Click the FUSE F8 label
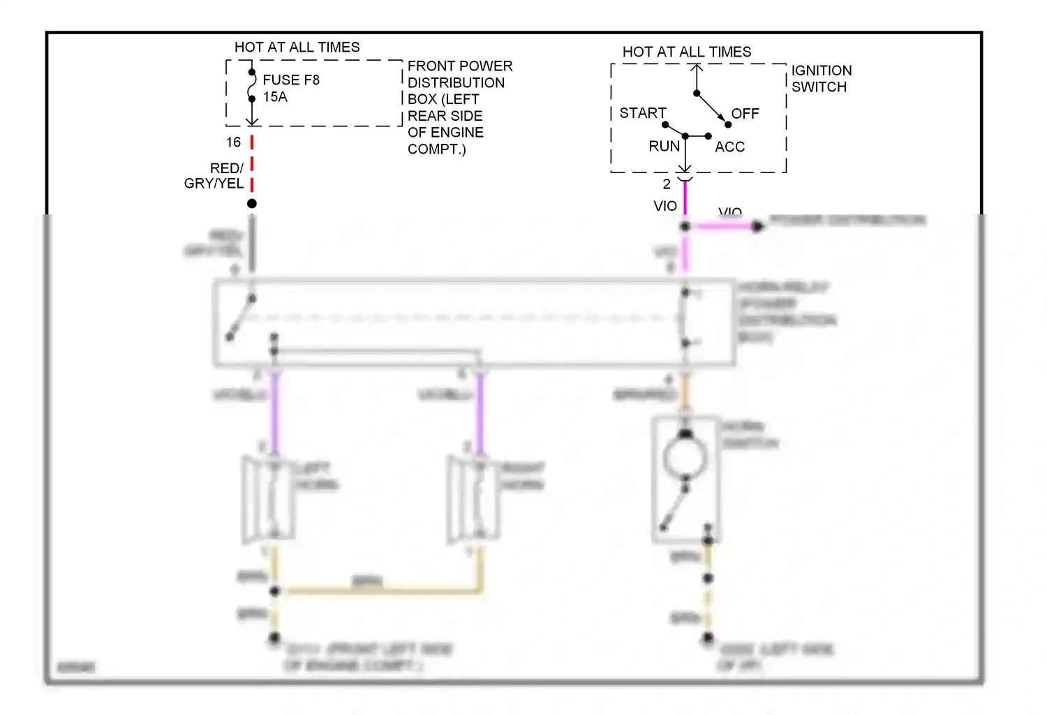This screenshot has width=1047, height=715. click(291, 80)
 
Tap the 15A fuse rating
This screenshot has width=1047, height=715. click(275, 97)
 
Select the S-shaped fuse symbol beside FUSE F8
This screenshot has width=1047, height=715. click(252, 85)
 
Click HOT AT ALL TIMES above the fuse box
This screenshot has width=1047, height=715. click(297, 47)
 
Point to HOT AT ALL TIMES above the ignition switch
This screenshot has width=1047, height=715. click(687, 52)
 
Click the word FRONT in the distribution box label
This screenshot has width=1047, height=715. click(429, 66)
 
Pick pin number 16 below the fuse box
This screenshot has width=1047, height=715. click(233, 142)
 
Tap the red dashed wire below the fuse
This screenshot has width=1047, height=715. click(252, 164)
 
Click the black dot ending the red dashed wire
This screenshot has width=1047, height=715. click(252, 203)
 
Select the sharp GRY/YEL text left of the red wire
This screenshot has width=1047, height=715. click(214, 184)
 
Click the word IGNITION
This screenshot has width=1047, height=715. click(822, 71)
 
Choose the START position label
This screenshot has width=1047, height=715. click(643, 113)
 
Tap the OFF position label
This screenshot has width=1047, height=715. click(745, 114)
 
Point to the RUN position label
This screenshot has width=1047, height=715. click(664, 147)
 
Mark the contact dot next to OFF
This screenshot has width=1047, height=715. click(728, 124)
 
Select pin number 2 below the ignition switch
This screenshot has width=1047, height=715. click(667, 184)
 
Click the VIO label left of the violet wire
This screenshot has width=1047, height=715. click(665, 206)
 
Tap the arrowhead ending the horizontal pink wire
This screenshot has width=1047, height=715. click(758, 226)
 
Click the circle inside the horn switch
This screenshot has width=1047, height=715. click(685, 459)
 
